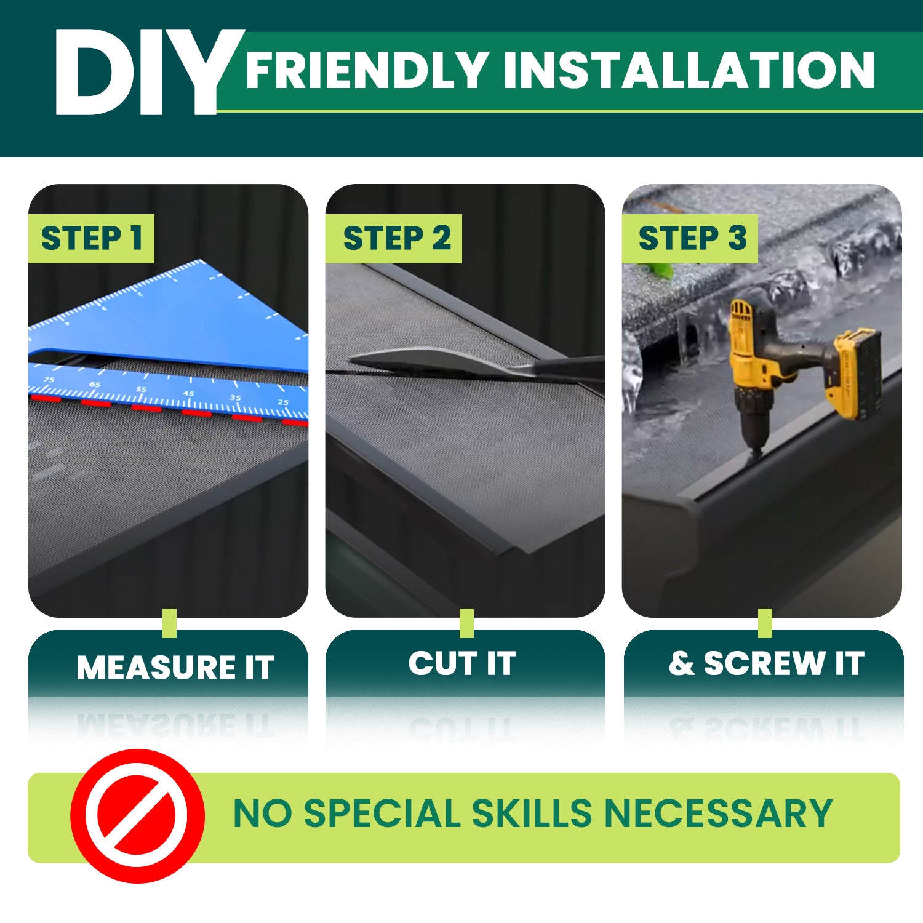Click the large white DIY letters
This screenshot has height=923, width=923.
point(138,73)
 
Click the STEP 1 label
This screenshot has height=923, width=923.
point(92,238)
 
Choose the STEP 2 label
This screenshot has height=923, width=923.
point(397,238)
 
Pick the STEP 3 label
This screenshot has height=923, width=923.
point(692,238)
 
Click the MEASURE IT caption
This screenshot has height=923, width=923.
point(175,667)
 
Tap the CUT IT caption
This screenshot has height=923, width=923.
point(462,663)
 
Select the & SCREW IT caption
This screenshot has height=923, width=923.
point(766,663)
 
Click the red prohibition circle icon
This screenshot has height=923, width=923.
point(137,816)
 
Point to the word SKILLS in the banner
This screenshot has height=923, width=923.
point(532,813)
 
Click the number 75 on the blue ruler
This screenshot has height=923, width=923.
point(49,380)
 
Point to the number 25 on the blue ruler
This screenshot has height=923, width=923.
point(282,402)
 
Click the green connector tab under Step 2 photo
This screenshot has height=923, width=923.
point(466,623)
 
